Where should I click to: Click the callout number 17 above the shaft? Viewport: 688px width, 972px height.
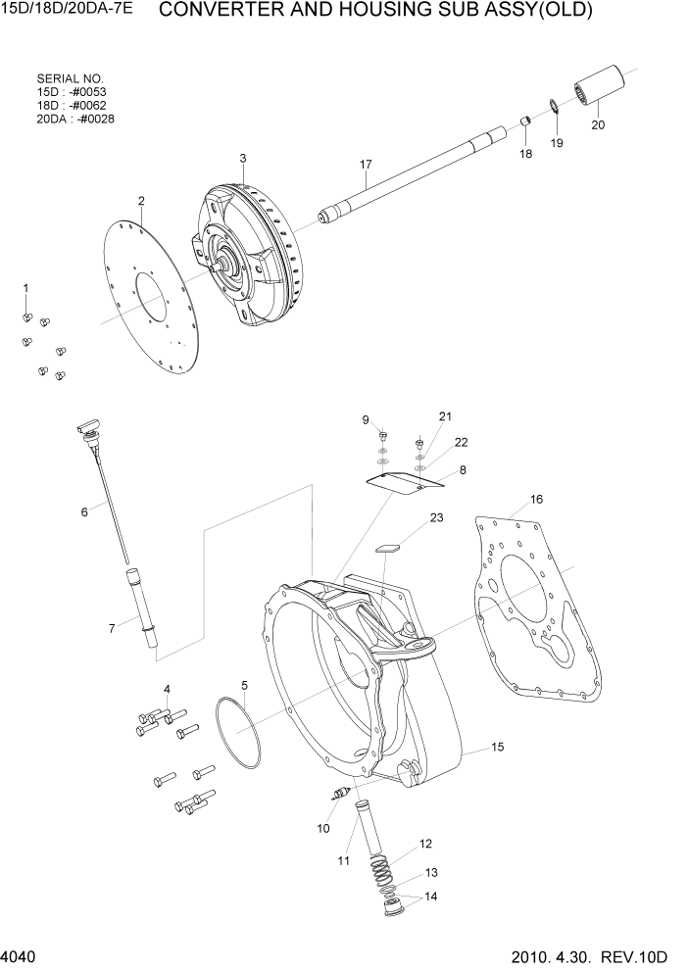tap(367, 165)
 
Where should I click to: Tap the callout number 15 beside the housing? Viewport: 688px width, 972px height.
tap(497, 748)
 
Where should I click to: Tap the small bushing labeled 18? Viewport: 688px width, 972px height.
tap(524, 121)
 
